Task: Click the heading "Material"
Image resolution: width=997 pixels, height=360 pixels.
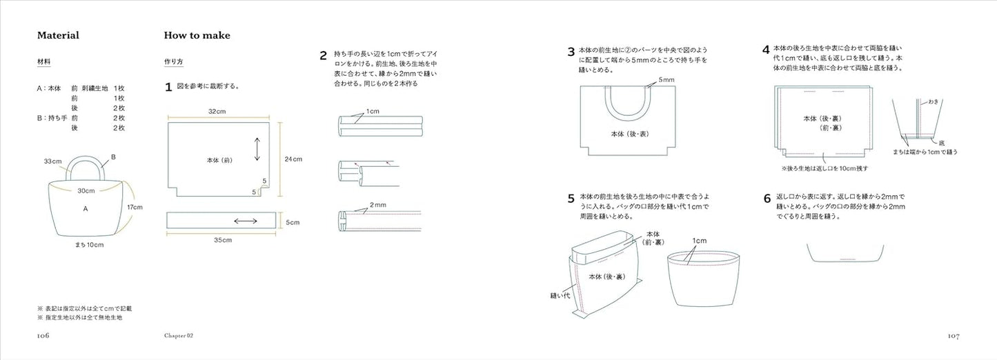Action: pyautogui.click(x=59, y=35)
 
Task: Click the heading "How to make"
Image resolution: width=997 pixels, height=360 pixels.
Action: pyautogui.click(x=197, y=35)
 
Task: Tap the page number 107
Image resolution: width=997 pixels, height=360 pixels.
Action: pyautogui.click(x=953, y=336)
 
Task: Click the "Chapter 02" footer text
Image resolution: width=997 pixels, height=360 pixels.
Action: pyautogui.click(x=178, y=336)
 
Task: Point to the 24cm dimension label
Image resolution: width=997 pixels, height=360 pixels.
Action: pyautogui.click(x=293, y=159)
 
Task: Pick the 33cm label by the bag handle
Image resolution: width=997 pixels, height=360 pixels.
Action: pyautogui.click(x=53, y=161)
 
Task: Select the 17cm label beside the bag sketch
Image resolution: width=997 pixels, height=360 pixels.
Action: pyautogui.click(x=135, y=207)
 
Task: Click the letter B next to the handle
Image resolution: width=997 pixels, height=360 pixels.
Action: pyautogui.click(x=113, y=157)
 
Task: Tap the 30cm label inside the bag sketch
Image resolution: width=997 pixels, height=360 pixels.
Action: pyautogui.click(x=86, y=191)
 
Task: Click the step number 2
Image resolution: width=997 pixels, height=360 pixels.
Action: pyautogui.click(x=323, y=55)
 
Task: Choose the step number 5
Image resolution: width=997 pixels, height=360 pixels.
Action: pyautogui.click(x=571, y=199)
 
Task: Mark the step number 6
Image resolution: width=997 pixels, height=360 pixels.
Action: pyautogui.click(x=767, y=199)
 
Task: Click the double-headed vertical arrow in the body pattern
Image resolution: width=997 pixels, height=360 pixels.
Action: pyautogui.click(x=257, y=150)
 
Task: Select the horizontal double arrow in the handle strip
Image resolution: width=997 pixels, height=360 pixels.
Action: pyautogui.click(x=246, y=221)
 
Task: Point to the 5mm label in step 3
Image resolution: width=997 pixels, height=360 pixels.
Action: pyautogui.click(x=666, y=80)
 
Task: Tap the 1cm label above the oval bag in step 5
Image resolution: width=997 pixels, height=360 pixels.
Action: pyautogui.click(x=699, y=240)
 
